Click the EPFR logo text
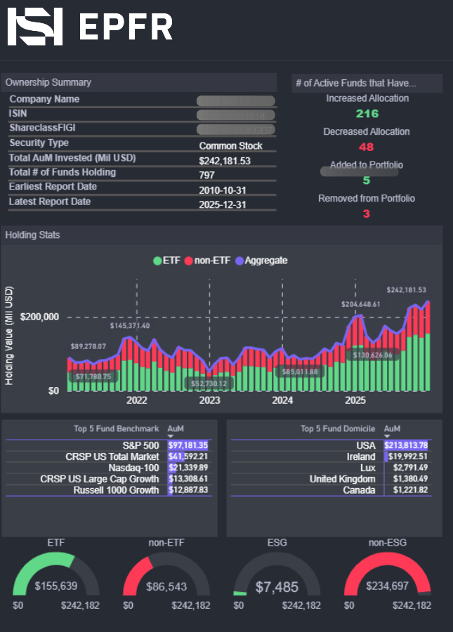tap(126, 27)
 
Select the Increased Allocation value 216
tap(367, 114)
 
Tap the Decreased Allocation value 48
tap(367, 147)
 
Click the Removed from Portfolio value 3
tap(367, 213)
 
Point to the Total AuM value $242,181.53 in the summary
tap(225, 161)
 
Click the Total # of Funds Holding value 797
tap(207, 175)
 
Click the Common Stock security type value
tap(230, 146)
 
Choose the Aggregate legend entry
tap(265, 261)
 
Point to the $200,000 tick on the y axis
tap(40, 317)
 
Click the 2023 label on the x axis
tap(209, 400)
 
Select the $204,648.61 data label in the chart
tap(360, 304)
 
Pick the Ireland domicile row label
tap(360, 456)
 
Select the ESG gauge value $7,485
tap(277, 586)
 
